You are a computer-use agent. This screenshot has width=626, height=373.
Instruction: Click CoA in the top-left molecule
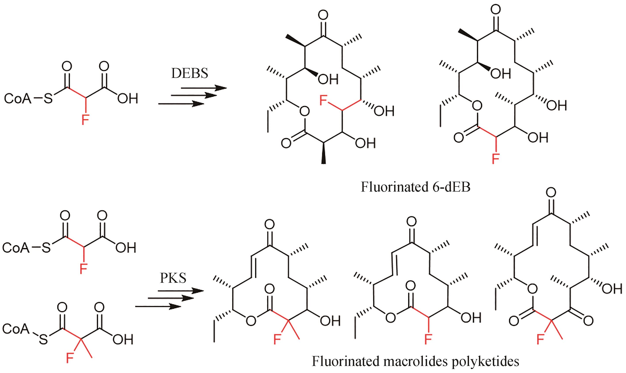click(x=18, y=99)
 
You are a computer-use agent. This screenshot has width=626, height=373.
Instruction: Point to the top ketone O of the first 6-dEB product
click(x=323, y=15)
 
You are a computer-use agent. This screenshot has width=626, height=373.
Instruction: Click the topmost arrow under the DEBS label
click(x=204, y=88)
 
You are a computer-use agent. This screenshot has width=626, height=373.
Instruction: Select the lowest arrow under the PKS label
click(x=158, y=306)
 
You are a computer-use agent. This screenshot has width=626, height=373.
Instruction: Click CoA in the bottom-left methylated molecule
click(x=16, y=329)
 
